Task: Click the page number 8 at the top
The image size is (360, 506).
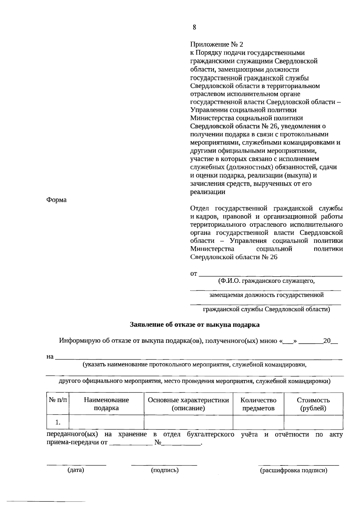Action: tap(194, 28)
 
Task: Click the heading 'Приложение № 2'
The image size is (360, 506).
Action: tap(217, 45)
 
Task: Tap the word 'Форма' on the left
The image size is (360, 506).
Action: tap(56, 200)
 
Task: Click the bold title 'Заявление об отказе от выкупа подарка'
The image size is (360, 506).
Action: tap(195, 325)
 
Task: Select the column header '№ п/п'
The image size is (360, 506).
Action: tap(58, 400)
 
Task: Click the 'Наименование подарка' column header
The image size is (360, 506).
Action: tap(106, 404)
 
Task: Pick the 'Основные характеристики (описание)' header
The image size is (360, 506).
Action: tap(188, 404)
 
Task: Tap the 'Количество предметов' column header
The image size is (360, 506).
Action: tap(258, 404)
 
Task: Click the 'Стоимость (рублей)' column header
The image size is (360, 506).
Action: tap(313, 404)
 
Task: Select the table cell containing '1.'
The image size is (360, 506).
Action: tap(58, 422)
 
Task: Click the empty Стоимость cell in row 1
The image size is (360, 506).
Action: tap(313, 422)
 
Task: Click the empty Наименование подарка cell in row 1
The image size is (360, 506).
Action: tap(106, 422)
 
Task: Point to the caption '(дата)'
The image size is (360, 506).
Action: tap(76, 470)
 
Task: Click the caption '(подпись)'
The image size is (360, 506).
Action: tap(165, 470)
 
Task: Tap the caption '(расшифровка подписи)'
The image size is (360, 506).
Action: tap(294, 470)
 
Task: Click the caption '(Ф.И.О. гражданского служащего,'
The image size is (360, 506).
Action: tap(266, 281)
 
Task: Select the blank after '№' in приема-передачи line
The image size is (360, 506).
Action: tap(181, 443)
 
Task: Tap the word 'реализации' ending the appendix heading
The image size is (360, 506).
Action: tap(208, 192)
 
